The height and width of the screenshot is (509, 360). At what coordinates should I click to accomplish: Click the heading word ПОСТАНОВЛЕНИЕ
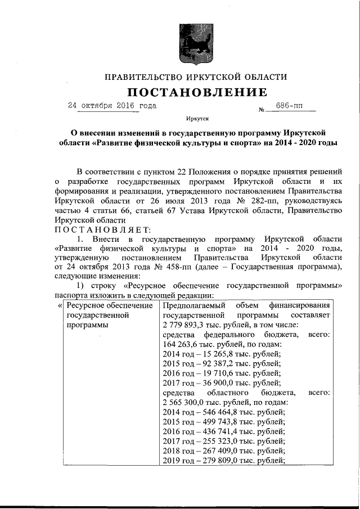(196, 92)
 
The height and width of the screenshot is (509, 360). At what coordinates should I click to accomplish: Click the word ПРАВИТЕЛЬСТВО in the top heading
(142, 76)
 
